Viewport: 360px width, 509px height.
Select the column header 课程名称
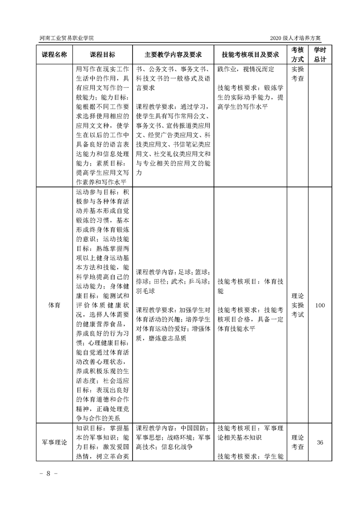tap(54, 54)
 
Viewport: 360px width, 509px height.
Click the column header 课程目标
tap(102, 54)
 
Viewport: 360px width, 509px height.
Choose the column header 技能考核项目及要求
tap(250, 54)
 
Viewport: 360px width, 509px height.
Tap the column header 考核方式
tap(297, 54)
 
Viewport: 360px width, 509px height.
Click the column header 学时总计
tap(320, 54)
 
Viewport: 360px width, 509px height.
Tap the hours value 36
tap(320, 442)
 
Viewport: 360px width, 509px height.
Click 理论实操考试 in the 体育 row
tap(297, 306)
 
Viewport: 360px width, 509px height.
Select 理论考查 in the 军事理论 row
tap(297, 442)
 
